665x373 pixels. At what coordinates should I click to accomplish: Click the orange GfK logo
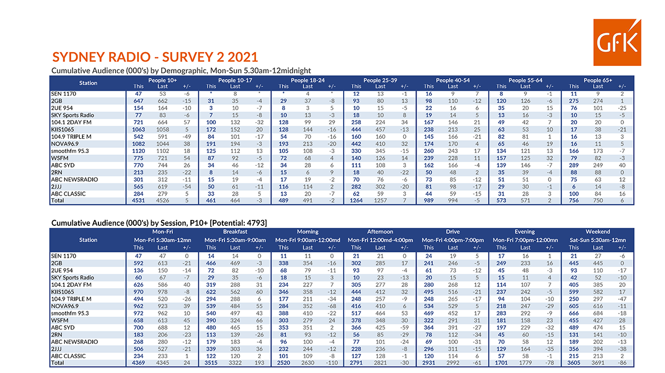pos(617,43)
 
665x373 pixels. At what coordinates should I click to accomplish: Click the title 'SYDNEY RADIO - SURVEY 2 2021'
pos(155,57)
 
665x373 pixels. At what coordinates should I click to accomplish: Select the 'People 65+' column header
pos(598,80)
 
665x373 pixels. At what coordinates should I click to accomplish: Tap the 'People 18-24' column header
pos(307,80)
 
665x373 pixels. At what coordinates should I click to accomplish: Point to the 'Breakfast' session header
pos(235,232)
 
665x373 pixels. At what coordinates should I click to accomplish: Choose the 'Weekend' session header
pos(597,232)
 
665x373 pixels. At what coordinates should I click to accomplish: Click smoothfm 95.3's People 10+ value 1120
pos(138,151)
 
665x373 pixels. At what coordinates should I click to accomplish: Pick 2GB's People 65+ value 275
pos(573,101)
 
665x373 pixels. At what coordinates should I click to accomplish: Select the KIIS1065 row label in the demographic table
pos(62,130)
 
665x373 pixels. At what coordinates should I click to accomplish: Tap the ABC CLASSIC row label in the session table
pos(68,356)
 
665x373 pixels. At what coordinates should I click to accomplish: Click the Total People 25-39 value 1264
pos(356,200)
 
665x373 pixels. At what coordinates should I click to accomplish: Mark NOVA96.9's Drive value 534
pos(428,306)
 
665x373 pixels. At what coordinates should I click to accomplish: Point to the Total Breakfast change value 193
pos(259,362)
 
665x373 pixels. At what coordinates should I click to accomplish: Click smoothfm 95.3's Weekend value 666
pos(573,313)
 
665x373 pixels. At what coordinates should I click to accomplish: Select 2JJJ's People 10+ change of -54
pos(186,187)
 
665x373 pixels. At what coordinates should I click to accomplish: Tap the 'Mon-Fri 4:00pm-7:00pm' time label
pos(453,240)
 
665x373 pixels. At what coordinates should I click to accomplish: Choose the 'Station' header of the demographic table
pos(88,83)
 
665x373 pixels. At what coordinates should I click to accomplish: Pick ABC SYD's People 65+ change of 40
pos(622,165)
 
